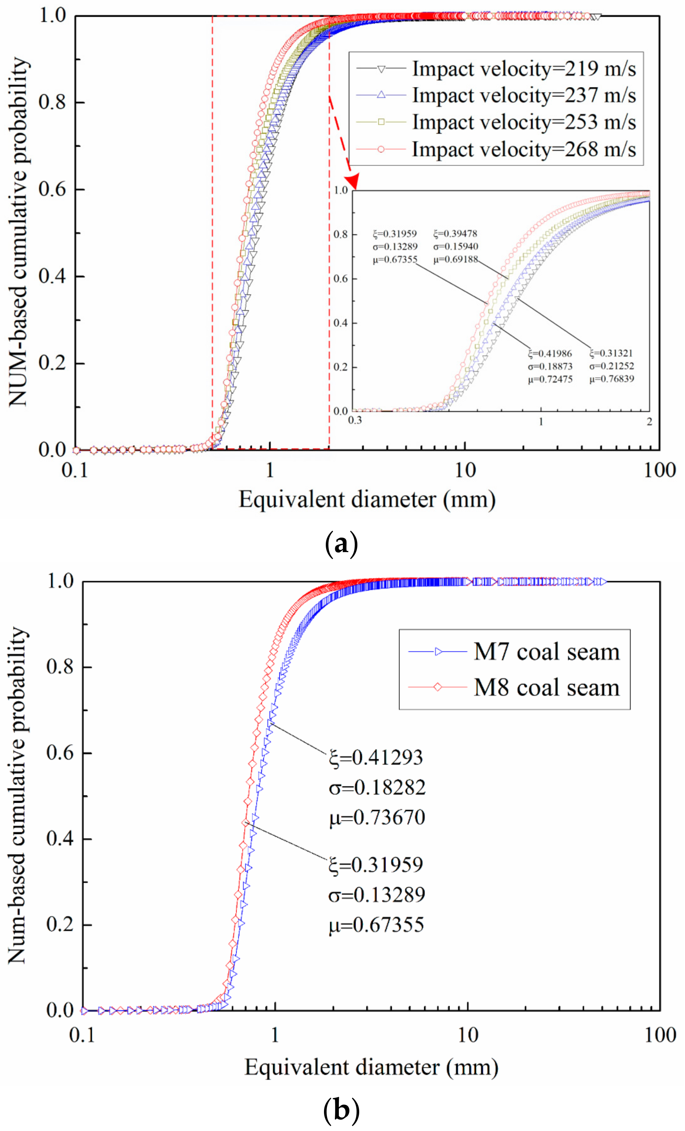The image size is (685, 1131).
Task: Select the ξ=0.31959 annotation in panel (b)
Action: [376, 865]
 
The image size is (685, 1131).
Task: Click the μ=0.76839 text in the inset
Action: [612, 379]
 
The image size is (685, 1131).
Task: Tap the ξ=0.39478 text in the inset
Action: [455, 234]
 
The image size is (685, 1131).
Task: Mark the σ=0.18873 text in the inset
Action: [550, 366]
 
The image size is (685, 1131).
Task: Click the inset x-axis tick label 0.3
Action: [355, 420]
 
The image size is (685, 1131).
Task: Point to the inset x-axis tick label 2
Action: [649, 421]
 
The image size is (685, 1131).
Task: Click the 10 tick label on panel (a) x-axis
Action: [465, 470]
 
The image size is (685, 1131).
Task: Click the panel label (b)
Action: [341, 1111]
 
